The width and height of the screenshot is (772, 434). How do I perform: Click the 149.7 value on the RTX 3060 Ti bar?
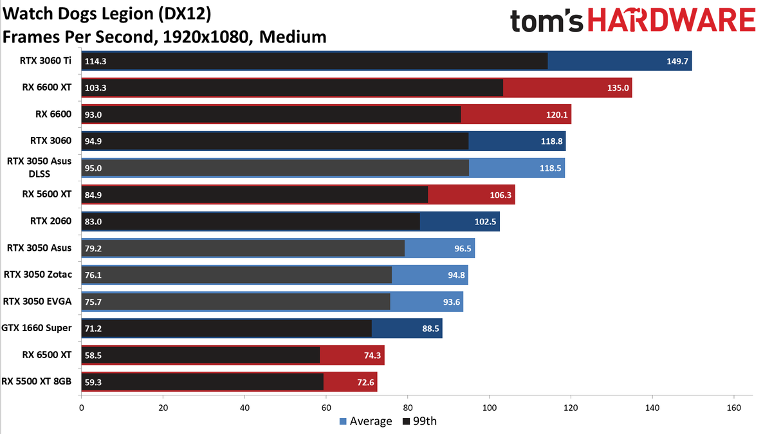(677, 61)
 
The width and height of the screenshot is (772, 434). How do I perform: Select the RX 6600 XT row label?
(47, 87)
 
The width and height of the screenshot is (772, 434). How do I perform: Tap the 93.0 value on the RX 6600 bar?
(93, 114)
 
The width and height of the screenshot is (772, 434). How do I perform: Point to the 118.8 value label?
(551, 141)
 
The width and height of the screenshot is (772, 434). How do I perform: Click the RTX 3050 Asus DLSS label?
(39, 167)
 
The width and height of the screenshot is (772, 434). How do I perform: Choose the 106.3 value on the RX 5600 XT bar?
(501, 195)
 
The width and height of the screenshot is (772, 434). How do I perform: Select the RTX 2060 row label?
(51, 221)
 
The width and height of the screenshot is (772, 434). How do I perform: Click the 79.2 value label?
(93, 248)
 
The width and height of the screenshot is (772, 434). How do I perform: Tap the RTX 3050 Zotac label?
(38, 275)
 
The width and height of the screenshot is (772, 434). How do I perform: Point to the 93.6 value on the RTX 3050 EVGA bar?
(452, 302)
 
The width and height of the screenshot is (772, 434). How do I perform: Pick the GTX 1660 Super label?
(37, 328)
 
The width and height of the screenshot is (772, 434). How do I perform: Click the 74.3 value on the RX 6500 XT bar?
(372, 355)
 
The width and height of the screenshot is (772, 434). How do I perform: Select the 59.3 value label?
(93, 383)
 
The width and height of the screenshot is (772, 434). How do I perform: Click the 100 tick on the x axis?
(489, 408)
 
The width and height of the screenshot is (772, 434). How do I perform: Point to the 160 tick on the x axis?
(734, 408)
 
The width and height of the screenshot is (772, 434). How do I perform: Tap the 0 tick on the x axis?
(81, 408)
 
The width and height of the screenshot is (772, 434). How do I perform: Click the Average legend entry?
(365, 421)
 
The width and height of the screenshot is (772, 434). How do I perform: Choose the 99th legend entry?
(419, 421)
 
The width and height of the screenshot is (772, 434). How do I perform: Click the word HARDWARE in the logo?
(672, 20)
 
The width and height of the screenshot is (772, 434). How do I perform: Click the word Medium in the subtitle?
(293, 37)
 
